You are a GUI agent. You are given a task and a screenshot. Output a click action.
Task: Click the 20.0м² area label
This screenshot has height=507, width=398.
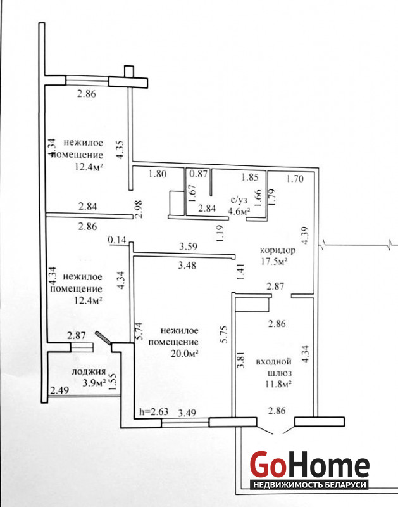tap(184, 353)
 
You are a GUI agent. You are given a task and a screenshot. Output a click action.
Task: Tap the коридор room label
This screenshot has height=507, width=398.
tap(278, 250)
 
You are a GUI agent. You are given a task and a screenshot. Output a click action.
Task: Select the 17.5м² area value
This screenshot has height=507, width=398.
tap(274, 261)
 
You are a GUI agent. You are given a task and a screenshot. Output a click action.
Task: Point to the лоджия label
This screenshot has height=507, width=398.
tap(89, 371)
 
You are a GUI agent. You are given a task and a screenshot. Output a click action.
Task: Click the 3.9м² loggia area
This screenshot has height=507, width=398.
tap(94, 383)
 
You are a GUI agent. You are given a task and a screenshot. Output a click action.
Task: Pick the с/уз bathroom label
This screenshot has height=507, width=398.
tap(239, 200)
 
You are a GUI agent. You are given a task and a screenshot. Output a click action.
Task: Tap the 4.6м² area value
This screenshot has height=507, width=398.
tap(240, 212)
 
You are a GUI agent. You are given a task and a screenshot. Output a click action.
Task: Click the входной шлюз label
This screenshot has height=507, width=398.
tap(274, 367)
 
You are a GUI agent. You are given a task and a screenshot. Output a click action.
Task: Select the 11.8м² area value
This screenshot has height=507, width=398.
tap(279, 384)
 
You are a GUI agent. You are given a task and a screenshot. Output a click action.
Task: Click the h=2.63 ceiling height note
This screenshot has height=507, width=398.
tap(154, 411)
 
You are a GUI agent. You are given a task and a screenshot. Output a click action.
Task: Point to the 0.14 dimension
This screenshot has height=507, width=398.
tap(116, 240)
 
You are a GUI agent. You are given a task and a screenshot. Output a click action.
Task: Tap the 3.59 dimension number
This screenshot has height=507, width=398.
tap(188, 247)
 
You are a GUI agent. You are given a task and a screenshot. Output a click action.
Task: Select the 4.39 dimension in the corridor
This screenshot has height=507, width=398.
tap(304, 235)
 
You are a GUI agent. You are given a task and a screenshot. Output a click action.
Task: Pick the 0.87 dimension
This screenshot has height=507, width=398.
tap(198, 174)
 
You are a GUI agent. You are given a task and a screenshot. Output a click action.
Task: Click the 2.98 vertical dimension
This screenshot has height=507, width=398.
tap(139, 209)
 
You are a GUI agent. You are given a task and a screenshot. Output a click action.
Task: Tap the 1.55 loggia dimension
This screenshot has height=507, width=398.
tap(113, 382)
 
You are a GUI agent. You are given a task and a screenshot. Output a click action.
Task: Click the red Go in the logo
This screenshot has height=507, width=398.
tap(268, 465)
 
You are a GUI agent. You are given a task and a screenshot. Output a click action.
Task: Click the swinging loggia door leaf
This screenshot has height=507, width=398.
tap(103, 337)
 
